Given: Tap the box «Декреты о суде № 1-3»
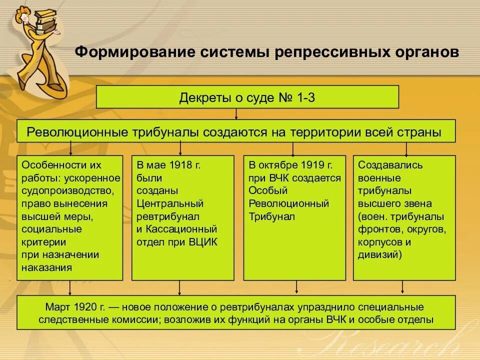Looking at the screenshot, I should click(247, 96).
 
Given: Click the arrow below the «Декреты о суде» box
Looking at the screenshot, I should click(236, 114).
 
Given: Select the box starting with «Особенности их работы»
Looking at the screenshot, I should click(70, 217).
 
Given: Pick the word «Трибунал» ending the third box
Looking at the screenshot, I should click(271, 216).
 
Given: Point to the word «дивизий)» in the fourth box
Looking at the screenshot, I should click(380, 254).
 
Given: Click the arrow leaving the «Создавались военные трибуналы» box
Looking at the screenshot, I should click(403, 287).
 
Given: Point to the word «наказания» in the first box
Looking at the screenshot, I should click(46, 267).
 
